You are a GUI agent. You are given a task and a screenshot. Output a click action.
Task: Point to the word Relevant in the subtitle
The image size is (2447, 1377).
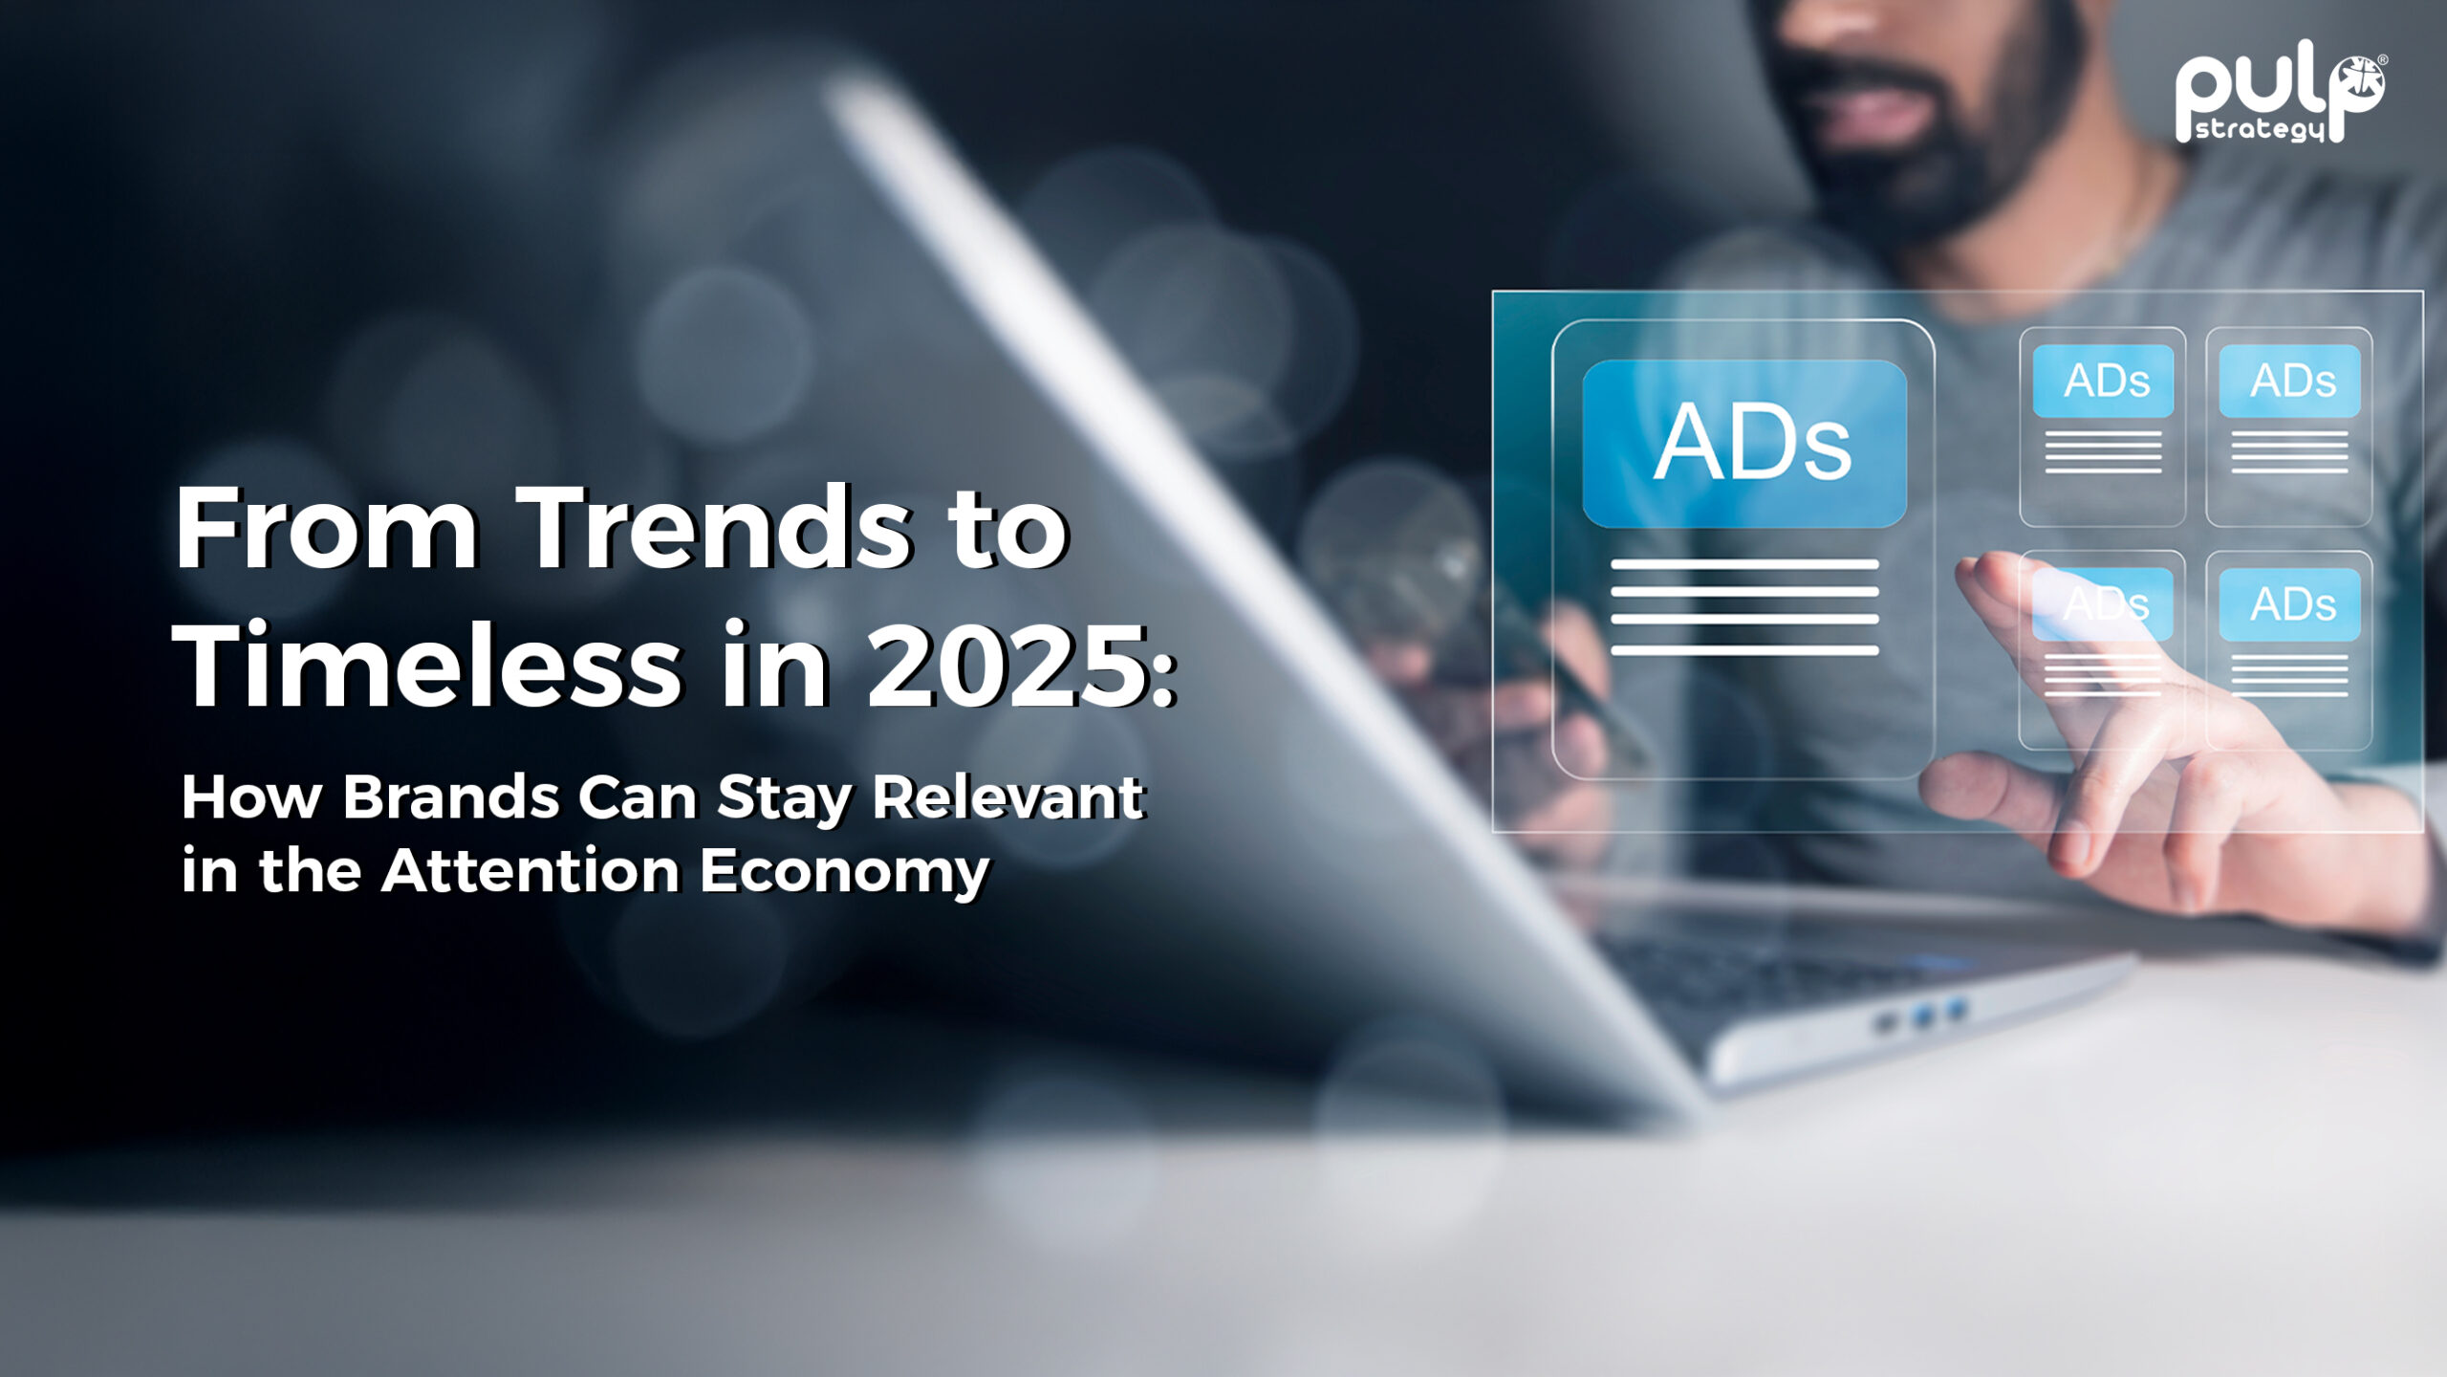[1008, 797]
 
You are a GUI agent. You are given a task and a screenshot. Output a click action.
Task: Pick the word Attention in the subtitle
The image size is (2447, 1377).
[531, 870]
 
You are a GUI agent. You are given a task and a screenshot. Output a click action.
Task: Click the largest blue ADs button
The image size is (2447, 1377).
[1744, 443]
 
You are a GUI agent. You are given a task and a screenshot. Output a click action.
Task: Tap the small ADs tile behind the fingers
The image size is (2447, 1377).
[2103, 650]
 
